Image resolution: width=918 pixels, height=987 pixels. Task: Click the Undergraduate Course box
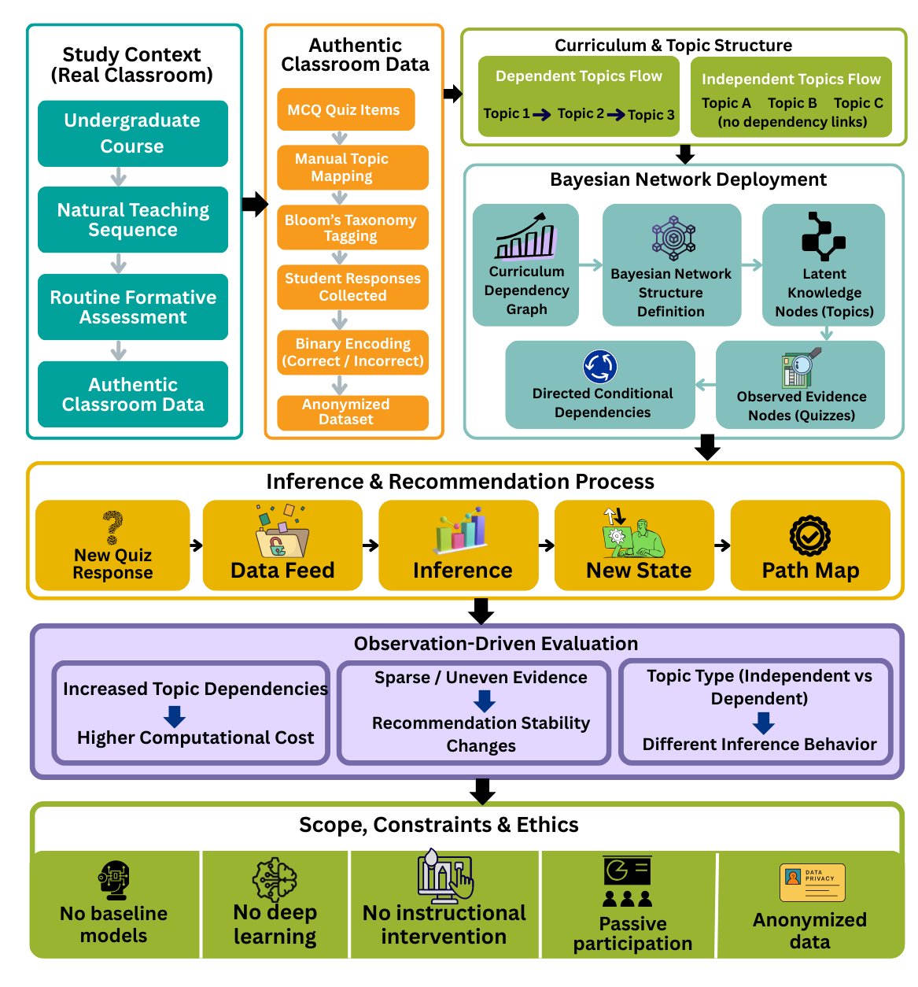tap(132, 133)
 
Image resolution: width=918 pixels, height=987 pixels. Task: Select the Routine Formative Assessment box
tap(132, 307)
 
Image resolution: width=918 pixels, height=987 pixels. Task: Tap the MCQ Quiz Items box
tap(345, 110)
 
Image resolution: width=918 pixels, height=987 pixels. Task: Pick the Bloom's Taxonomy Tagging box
tap(352, 227)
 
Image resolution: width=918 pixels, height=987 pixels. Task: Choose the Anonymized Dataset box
tap(352, 412)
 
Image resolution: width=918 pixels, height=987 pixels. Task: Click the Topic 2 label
tap(581, 113)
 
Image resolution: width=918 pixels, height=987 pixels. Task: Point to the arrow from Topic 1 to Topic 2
tap(542, 115)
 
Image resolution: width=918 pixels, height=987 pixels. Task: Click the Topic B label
tap(792, 103)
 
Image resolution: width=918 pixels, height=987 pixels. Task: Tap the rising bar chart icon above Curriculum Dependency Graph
tap(525, 236)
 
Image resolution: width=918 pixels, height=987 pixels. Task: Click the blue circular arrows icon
tap(600, 367)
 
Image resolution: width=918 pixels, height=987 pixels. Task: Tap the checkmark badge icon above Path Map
tap(809, 536)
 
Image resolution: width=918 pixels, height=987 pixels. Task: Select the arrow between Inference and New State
tap(547, 545)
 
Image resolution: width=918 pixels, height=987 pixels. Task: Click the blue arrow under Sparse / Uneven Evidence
tap(485, 701)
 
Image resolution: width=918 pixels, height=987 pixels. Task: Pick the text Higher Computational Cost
tap(195, 737)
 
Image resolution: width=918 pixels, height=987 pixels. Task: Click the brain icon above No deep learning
tap(275, 879)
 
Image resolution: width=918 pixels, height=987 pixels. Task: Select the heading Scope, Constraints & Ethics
tap(438, 825)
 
